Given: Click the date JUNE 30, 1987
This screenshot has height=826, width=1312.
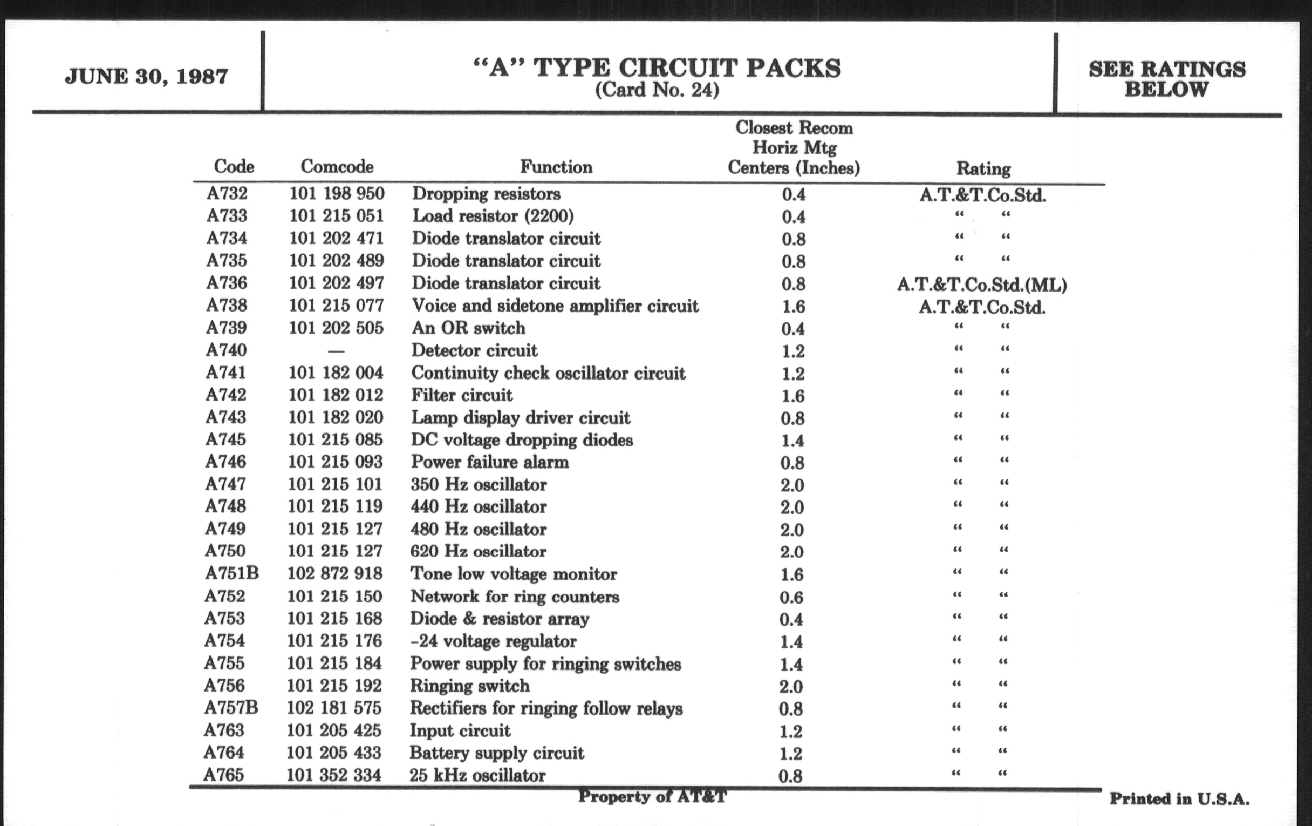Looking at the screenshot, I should [x=146, y=76].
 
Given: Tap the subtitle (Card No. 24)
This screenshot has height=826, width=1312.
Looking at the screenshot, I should [x=657, y=90].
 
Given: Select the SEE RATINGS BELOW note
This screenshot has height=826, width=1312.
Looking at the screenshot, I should [x=1166, y=79].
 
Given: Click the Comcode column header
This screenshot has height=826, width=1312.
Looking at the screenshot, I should [x=337, y=166].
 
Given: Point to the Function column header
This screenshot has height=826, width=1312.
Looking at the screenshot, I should [x=556, y=166].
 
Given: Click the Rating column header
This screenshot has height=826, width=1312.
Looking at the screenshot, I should [x=983, y=168].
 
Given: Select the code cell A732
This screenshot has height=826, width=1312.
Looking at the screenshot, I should [x=227, y=194].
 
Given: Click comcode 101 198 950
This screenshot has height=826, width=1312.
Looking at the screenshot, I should [x=336, y=194].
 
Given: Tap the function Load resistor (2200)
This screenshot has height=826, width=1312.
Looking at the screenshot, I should [x=493, y=216].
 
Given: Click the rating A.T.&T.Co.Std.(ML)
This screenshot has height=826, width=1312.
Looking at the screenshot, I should [x=982, y=285].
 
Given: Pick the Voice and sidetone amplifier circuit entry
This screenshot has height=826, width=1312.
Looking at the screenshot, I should [x=555, y=306].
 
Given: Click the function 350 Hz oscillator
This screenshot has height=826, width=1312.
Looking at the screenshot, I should [x=479, y=484].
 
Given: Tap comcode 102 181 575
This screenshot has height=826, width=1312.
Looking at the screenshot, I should [x=334, y=708].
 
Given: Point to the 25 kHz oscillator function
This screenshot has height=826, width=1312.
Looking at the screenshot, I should [x=477, y=775].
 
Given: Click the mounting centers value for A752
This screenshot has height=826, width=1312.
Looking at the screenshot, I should [x=791, y=597].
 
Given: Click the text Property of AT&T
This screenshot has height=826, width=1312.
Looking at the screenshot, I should [x=652, y=796].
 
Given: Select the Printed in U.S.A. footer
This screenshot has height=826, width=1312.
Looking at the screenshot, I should [x=1180, y=799].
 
